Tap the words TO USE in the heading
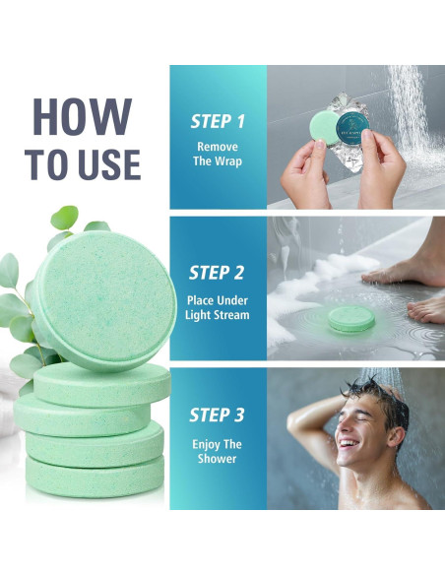pos(85,162)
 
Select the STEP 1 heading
pos(218,121)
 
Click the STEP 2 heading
pos(218,273)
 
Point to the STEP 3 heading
pos(218,415)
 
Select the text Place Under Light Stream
pos(218,307)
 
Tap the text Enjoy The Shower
pos(218,452)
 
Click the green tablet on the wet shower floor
pos(350,318)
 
